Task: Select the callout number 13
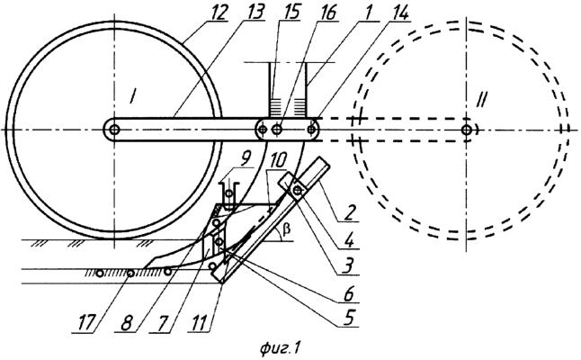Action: (255, 13)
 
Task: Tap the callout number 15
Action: (290, 13)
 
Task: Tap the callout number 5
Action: (348, 318)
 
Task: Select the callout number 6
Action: (348, 294)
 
